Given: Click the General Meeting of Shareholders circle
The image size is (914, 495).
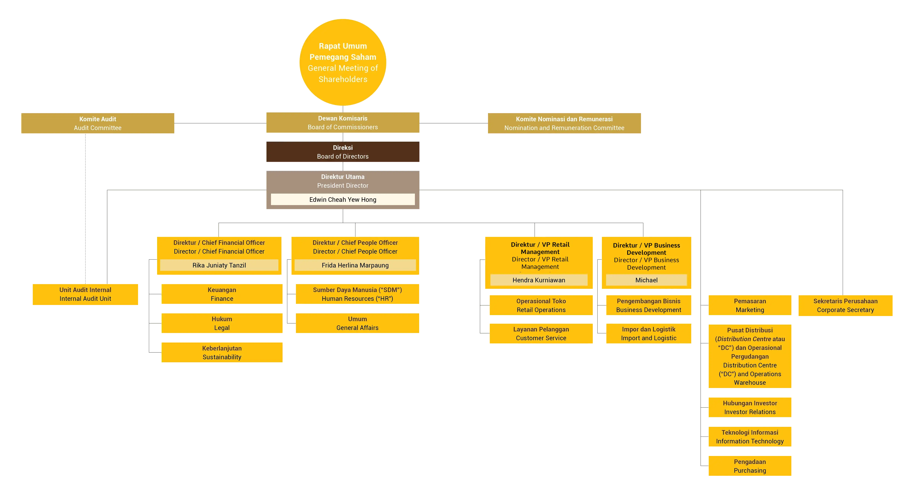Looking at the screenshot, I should click(x=343, y=62).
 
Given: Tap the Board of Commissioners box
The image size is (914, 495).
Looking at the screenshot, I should click(x=343, y=123).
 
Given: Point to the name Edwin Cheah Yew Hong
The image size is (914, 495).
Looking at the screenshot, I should click(x=343, y=199).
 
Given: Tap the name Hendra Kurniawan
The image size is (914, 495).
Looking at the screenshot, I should click(x=539, y=280).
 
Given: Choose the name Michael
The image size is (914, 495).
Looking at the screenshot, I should click(x=646, y=280).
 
